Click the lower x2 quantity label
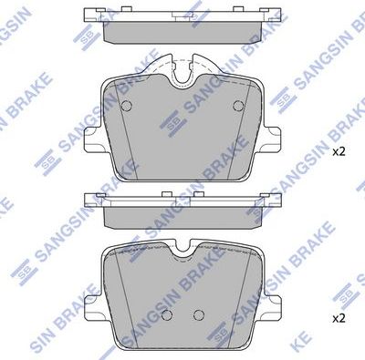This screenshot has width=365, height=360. [x=339, y=318]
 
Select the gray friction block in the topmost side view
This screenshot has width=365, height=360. [x=182, y=31]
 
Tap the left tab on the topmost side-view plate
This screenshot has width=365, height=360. [x=93, y=14]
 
